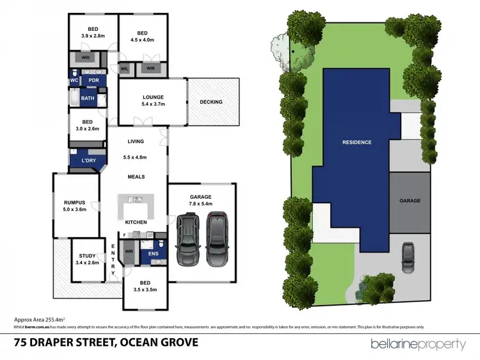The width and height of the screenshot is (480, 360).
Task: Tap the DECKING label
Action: [x=211, y=102]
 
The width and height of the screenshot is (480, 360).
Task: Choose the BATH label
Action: [x=87, y=99]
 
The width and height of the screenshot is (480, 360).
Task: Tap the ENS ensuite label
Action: [x=154, y=254]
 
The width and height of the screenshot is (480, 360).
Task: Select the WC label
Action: [x=74, y=81]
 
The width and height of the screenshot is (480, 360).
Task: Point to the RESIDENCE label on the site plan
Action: [x=356, y=142]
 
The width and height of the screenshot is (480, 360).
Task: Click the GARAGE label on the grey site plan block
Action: [x=410, y=201]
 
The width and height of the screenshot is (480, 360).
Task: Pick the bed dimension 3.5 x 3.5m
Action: [x=145, y=287]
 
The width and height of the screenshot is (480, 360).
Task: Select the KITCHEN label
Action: [x=136, y=222]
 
